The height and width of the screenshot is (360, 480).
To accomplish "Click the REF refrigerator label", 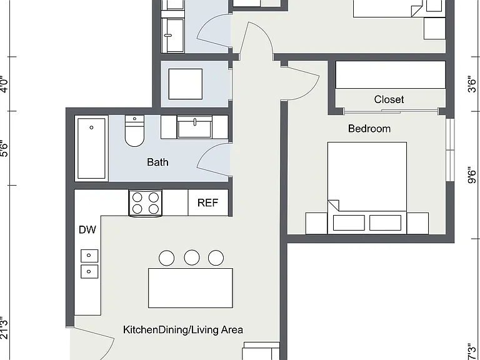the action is click(x=208, y=202).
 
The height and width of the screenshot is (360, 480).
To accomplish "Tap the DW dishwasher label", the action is click(x=87, y=229).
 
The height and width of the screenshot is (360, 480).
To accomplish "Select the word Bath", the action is click(x=157, y=162).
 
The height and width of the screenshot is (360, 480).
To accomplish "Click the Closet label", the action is click(x=389, y=99).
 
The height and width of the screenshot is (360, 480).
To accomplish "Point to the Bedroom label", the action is click(x=369, y=129).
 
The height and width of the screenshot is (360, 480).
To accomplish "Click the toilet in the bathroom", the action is click(x=134, y=131).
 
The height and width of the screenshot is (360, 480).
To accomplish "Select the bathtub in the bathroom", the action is click(x=91, y=149).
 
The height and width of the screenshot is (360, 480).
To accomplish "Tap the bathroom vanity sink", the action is click(x=195, y=127).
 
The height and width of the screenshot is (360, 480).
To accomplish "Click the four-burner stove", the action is click(x=146, y=203).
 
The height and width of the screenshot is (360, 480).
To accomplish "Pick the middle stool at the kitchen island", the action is click(x=192, y=257).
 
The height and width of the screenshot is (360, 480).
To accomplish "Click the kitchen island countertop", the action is click(x=191, y=288).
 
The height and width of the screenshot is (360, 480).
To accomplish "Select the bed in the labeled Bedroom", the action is click(x=367, y=188).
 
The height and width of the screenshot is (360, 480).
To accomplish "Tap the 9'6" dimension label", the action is click(x=472, y=175).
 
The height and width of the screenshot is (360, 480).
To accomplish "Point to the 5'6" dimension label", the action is click(x=4, y=149).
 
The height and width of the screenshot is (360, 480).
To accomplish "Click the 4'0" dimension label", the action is click(x=4, y=84).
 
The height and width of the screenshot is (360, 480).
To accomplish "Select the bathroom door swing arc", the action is click(x=205, y=156).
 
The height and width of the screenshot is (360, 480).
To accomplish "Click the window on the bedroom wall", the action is click(x=450, y=150).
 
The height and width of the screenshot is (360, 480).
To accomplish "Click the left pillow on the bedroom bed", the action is click(x=349, y=222).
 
